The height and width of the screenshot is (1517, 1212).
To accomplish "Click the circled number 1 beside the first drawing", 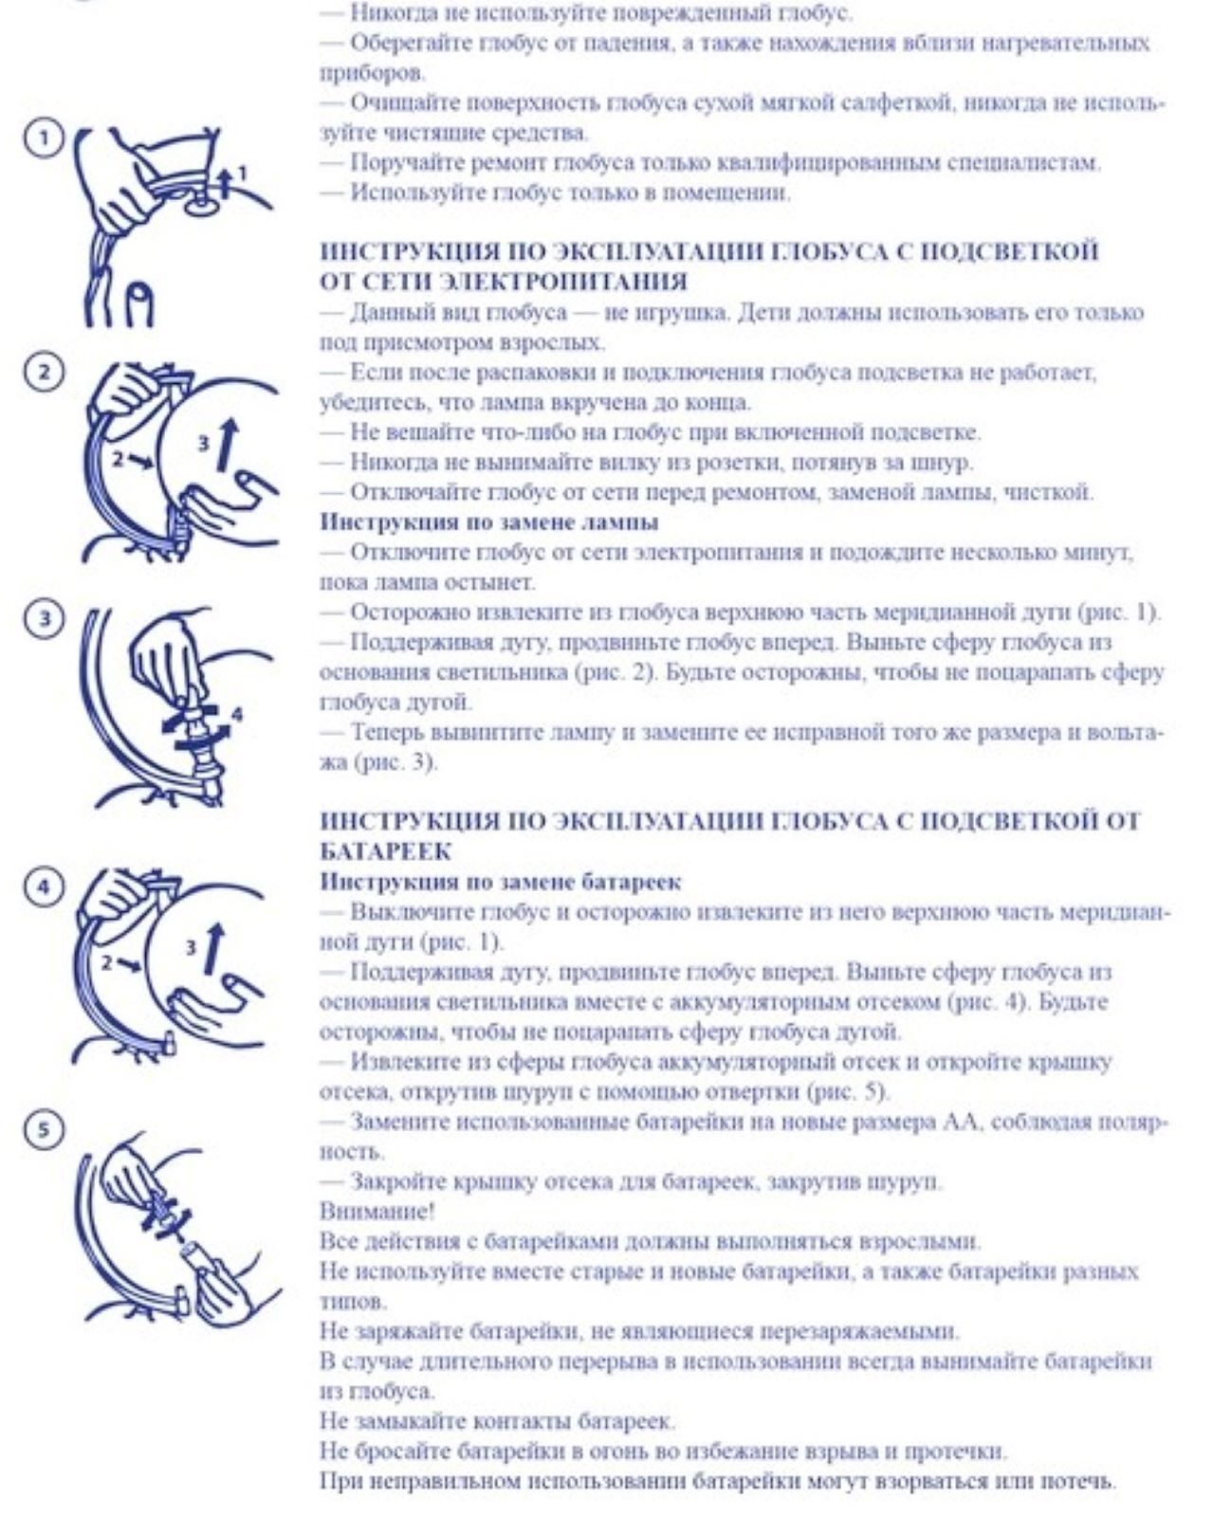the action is [x=44, y=138].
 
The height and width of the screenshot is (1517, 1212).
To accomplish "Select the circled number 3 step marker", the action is [x=44, y=619].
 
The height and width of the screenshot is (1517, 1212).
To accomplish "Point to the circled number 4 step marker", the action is [x=44, y=886].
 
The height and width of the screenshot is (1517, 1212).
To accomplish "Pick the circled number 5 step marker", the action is [x=44, y=1130].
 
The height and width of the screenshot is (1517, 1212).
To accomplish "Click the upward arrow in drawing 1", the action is [x=225, y=182].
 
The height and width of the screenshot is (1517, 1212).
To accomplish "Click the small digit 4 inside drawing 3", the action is [x=236, y=715].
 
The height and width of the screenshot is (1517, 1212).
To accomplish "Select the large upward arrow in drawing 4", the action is [x=214, y=947].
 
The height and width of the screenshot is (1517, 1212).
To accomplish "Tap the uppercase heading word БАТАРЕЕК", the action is [x=385, y=851].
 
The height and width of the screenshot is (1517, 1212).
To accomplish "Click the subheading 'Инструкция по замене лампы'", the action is [x=489, y=522].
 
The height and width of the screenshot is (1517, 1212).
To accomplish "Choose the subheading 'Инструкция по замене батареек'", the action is [x=501, y=882].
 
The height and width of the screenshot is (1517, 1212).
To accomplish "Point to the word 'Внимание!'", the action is [x=377, y=1211].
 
